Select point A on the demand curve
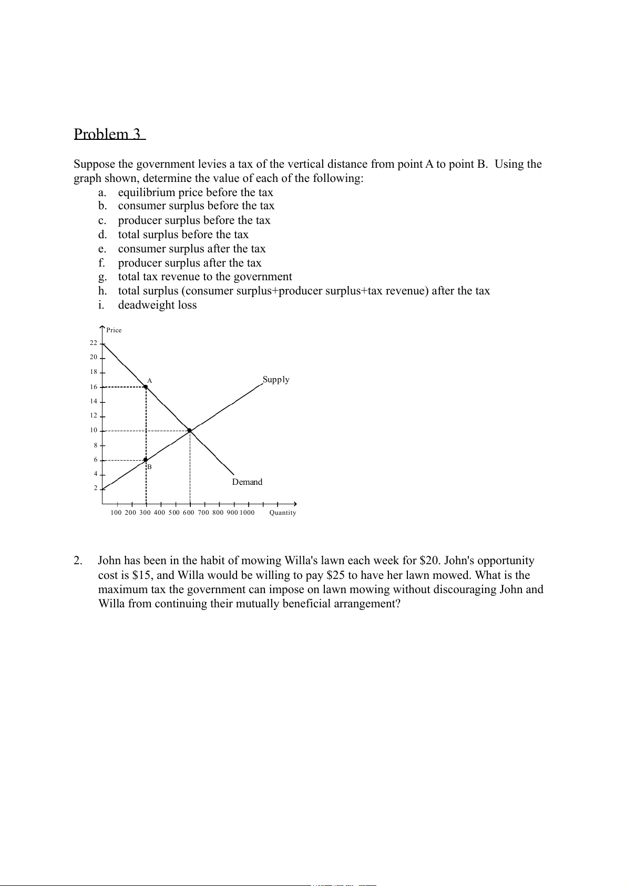click(x=146, y=386)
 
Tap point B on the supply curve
click(x=146, y=460)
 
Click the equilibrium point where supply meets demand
click(x=190, y=431)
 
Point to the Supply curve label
click(x=276, y=380)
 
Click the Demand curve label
click(x=247, y=482)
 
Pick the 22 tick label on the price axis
click(x=94, y=343)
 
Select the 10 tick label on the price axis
click(x=94, y=430)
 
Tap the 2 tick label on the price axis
click(x=96, y=488)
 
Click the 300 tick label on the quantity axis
click(x=145, y=513)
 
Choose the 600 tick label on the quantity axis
click(x=189, y=513)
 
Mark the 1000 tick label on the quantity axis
click(x=247, y=513)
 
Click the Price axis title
click(x=114, y=330)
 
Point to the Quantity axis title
click(x=283, y=513)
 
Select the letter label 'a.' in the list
click(x=102, y=192)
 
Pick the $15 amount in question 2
click(x=141, y=575)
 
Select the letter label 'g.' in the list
click(x=102, y=277)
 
